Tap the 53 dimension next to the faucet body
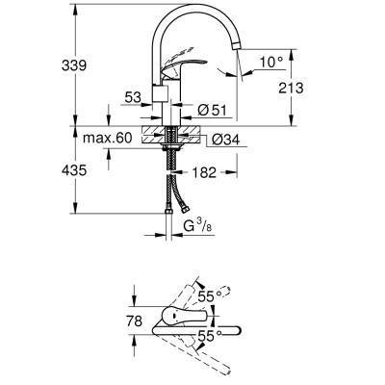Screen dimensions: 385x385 click(132, 96)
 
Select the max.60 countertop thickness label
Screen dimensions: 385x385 click(107, 139)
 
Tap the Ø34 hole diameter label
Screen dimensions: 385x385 click(223, 141)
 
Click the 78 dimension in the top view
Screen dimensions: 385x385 click(135, 321)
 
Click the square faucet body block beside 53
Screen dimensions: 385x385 click(163, 95)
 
